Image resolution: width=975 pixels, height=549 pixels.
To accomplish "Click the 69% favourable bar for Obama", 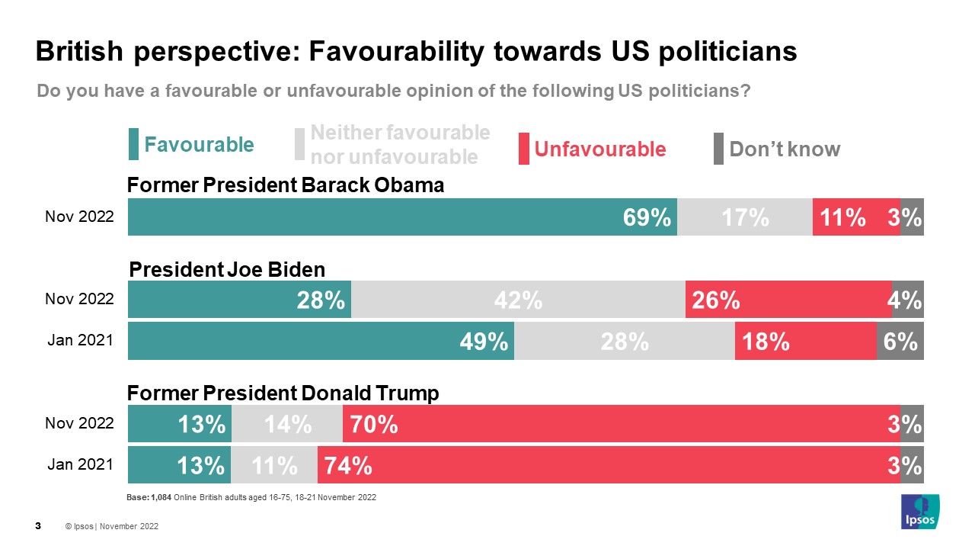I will [x=402, y=217].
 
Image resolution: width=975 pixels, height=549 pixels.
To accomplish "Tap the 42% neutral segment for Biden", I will [x=518, y=300].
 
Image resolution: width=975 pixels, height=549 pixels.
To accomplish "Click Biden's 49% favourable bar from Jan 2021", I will [x=321, y=341].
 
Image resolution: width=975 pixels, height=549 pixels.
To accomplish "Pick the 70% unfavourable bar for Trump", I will [x=622, y=424].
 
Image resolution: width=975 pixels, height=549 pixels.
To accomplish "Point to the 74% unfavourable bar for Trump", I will [x=609, y=464].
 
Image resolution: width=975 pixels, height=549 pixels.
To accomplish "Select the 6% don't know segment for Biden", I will [x=900, y=341].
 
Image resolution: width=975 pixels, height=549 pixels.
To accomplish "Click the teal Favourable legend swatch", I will [x=133, y=145].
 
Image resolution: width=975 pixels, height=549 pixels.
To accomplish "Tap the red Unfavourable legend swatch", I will [x=523, y=149].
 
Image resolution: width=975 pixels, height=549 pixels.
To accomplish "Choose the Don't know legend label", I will [x=785, y=149].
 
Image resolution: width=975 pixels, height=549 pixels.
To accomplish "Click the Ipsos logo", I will [x=919, y=512].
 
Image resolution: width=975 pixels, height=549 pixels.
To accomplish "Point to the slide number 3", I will [x=38, y=526].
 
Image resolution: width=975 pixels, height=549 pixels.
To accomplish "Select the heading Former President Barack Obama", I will [x=285, y=185].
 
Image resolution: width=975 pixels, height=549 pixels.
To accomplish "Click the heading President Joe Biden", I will [x=227, y=269].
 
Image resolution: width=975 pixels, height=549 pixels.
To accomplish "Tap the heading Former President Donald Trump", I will [x=283, y=393].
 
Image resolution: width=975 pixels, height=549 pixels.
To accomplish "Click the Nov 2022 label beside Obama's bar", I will [x=79, y=217].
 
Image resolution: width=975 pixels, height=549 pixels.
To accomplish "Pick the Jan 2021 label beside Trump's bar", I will [x=80, y=464].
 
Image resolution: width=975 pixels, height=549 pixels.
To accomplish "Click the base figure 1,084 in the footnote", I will [x=160, y=498].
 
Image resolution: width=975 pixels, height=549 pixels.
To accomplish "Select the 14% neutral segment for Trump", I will [x=287, y=424].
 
